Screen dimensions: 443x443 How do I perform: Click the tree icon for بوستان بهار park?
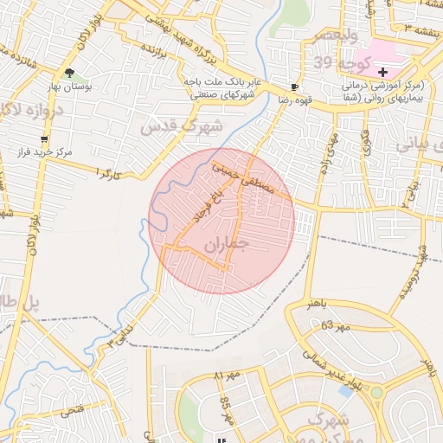(69, 74)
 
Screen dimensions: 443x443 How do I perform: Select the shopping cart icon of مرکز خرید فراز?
(44, 138)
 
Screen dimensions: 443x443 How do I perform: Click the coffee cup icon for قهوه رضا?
(295, 87)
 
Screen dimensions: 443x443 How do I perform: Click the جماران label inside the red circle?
(227, 246)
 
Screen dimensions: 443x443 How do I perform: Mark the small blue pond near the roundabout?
(346, 391)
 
